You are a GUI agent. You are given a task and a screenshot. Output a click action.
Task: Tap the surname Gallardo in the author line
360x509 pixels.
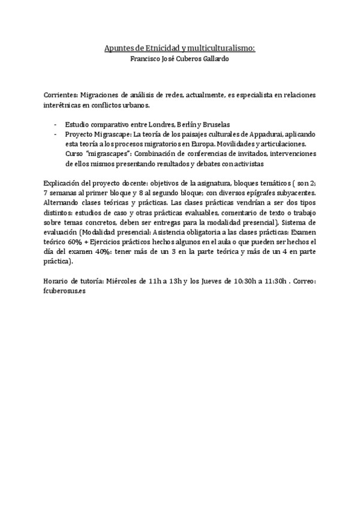point(213,59)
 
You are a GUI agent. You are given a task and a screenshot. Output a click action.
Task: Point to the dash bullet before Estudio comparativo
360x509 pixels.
point(55,124)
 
